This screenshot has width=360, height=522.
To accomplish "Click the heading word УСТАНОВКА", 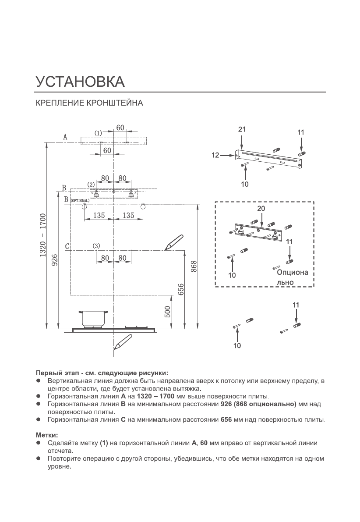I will tap(80, 82).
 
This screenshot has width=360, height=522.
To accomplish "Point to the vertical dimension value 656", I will tap(180, 289).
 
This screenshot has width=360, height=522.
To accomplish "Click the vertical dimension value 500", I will tap(167, 312).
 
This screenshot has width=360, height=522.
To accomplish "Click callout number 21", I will tap(242, 129).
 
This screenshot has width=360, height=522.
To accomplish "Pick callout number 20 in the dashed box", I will tap(261, 209).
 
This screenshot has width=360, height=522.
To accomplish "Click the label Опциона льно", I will tap(291, 277).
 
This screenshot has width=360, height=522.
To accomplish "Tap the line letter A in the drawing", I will tap(65, 137).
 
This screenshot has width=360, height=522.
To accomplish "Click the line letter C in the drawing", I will tap(67, 246).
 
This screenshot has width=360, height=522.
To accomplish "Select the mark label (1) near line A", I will tap(99, 132).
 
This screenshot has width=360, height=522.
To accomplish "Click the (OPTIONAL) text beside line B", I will tap(80, 200).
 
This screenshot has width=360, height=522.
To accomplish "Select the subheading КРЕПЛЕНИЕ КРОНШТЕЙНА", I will tap(89, 104).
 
